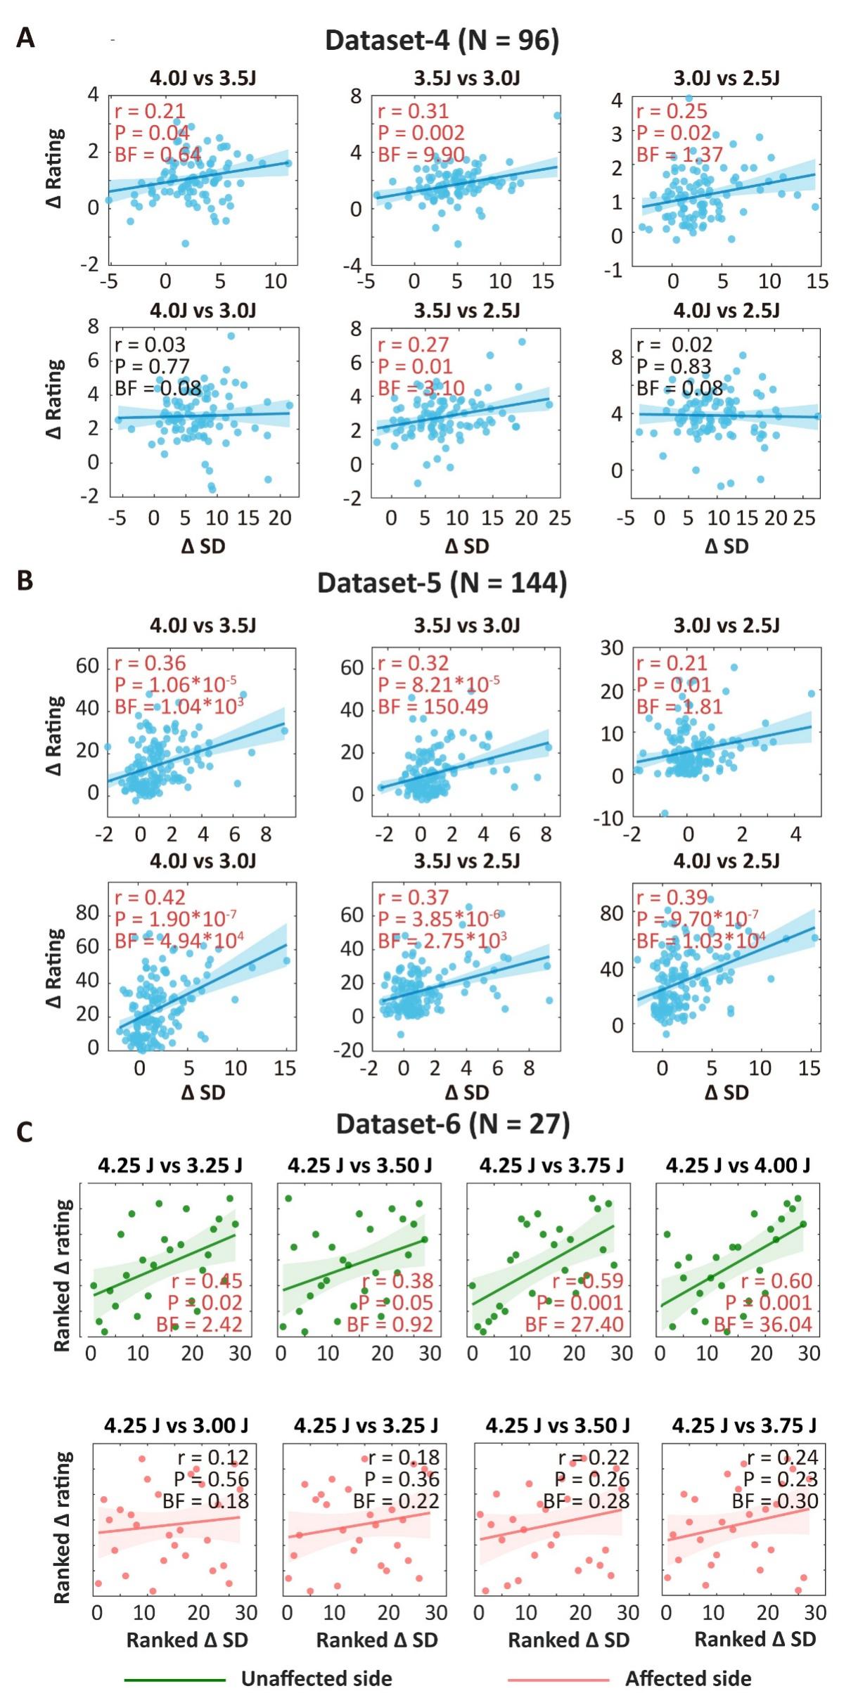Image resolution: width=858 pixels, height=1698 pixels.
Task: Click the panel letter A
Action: (25, 38)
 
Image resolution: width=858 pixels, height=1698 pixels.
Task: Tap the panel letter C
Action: (25, 1133)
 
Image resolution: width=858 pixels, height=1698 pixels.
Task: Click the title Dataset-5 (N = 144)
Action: (442, 584)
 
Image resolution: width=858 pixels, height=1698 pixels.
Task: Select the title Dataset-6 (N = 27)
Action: (452, 1124)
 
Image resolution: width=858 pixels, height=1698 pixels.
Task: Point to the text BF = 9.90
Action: (421, 155)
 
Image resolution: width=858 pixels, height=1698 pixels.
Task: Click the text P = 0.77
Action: (152, 366)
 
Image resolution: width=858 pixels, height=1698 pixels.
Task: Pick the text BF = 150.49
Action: (433, 706)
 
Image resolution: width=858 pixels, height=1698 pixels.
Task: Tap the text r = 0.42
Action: (150, 898)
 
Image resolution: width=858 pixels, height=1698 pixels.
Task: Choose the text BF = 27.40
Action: (574, 1325)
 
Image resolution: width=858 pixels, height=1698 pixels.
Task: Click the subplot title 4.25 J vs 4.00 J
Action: (738, 1166)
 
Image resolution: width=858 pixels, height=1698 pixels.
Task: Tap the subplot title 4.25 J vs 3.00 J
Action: (176, 1426)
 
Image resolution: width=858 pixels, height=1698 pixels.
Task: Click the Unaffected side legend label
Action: (316, 1679)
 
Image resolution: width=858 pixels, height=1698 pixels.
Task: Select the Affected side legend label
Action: (688, 1679)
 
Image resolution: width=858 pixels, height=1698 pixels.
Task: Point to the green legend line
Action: (174, 1680)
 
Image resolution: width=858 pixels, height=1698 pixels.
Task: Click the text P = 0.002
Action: (421, 133)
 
